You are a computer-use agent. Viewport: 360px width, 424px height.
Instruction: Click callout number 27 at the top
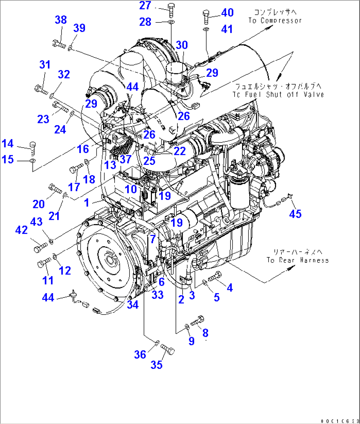pos(145,6)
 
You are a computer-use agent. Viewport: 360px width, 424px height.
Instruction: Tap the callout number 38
pos(61,20)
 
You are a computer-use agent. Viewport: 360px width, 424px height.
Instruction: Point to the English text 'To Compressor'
pos(275,20)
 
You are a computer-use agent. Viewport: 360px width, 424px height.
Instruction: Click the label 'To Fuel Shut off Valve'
pos(278,95)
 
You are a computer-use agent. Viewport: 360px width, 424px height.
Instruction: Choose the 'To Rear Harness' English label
pos(298,260)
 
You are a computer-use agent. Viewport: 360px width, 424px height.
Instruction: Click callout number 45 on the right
pos(295,214)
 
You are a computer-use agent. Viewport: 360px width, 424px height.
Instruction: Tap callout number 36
pos(140,355)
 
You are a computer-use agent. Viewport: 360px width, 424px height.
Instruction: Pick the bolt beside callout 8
pos(198,320)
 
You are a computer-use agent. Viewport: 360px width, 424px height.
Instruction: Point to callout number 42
pos(21,230)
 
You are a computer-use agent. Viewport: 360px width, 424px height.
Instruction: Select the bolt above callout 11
pos(44,262)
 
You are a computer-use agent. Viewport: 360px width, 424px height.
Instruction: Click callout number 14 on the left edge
pos(8,144)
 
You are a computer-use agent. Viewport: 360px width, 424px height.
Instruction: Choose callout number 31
pos(45,64)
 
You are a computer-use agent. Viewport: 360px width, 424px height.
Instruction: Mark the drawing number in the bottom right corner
pos(339,421)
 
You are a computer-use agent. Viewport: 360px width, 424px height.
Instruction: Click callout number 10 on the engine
pos(131,189)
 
